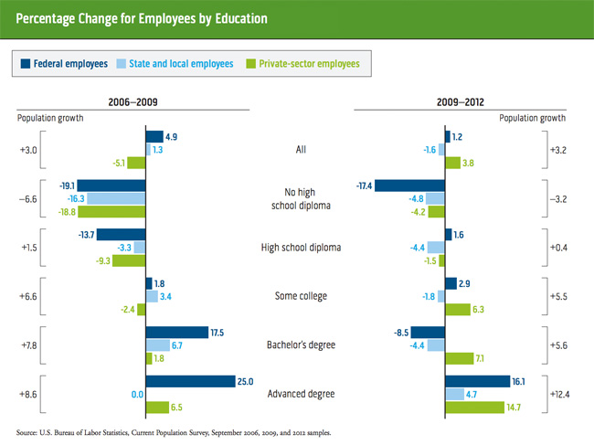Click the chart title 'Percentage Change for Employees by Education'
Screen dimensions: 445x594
(x=142, y=18)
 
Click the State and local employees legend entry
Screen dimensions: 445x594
(x=173, y=64)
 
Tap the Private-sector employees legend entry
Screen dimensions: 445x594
(x=301, y=64)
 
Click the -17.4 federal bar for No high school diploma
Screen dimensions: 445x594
(x=409, y=185)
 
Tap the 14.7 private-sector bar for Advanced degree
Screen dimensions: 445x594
(x=473, y=407)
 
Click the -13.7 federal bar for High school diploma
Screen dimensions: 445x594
(x=121, y=234)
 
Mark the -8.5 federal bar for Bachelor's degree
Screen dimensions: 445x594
(x=427, y=332)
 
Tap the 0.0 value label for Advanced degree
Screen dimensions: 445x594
(x=135, y=394)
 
